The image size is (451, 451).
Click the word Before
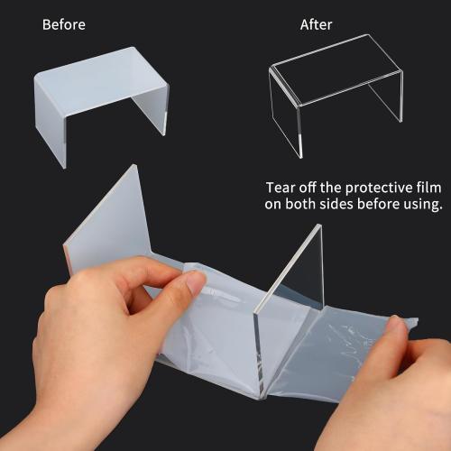[64, 24]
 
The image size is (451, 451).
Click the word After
[316, 24]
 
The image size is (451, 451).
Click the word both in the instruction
[300, 204]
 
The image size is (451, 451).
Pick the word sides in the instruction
[336, 204]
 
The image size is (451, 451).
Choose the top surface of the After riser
[336, 69]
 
